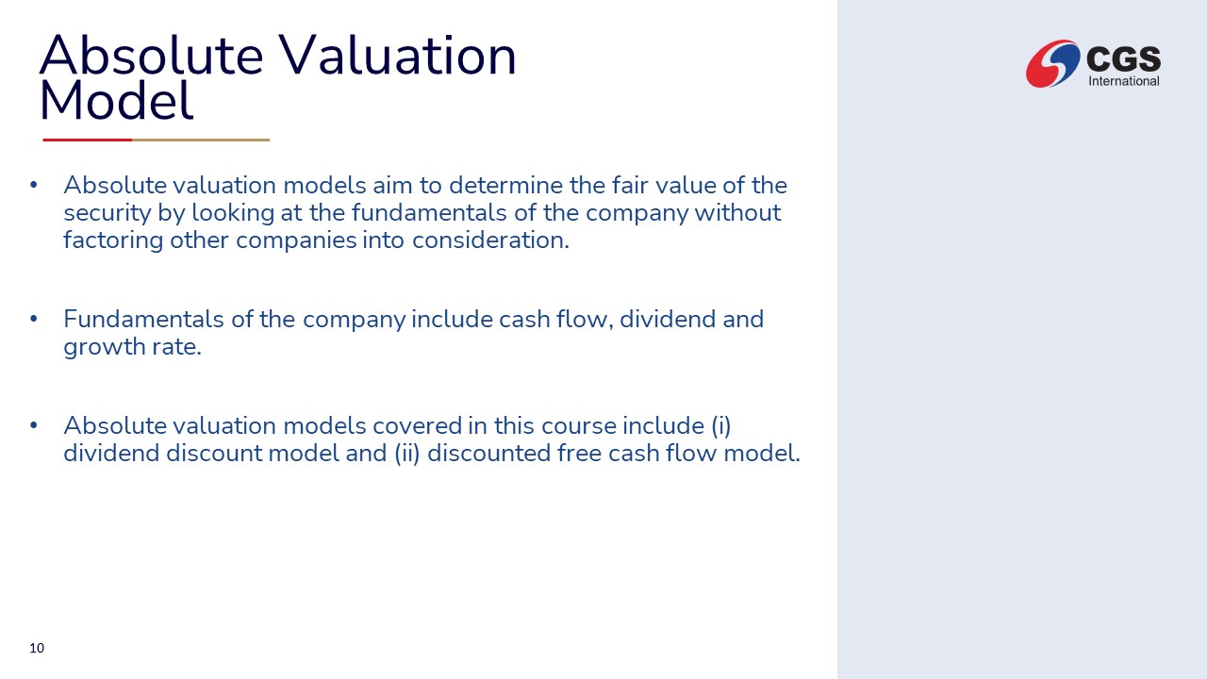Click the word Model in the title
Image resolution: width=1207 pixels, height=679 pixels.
tap(116, 101)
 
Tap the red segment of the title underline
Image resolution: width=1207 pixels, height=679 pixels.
tap(88, 140)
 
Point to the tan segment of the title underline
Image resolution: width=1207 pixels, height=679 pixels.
tap(201, 140)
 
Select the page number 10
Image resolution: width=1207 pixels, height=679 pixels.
tap(37, 648)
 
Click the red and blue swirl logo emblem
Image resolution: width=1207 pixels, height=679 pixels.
tap(1052, 63)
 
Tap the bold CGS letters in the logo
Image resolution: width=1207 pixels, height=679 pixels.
tap(1124, 58)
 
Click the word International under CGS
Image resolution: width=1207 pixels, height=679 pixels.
tap(1124, 81)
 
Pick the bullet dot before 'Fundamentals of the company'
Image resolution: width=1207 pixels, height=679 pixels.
tap(33, 319)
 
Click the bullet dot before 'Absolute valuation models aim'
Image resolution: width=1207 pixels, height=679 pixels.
tap(33, 186)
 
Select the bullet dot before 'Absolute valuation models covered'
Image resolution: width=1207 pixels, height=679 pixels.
tap(33, 425)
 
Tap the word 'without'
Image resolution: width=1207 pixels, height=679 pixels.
tap(737, 212)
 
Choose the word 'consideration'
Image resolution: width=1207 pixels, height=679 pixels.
tap(489, 240)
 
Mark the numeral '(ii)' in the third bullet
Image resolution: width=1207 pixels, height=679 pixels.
tap(406, 454)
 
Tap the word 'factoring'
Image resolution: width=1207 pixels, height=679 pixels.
tap(113, 240)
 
